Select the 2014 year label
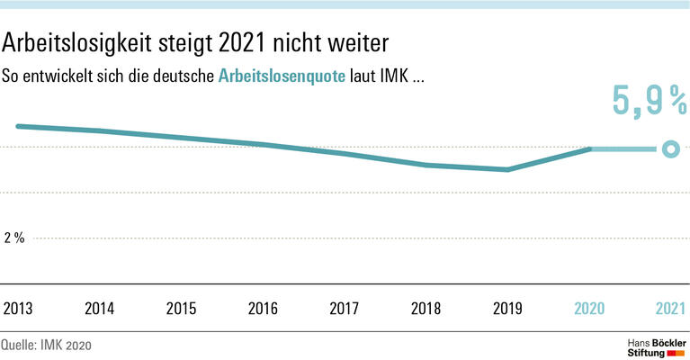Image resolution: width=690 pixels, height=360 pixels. point(100,308)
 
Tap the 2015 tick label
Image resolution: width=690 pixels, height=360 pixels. point(181,308)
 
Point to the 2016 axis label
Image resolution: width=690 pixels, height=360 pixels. point(263,308)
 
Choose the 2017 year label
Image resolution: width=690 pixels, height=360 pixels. point(345,308)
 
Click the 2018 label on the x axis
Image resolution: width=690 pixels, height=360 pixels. point(426,308)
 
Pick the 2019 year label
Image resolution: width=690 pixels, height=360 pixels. point(507,308)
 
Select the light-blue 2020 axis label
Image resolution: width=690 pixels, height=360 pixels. point(589,308)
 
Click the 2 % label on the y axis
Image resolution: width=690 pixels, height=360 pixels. point(15,238)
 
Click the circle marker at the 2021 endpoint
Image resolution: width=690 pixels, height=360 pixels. point(668,149)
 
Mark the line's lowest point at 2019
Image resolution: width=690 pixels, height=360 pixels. point(508,169)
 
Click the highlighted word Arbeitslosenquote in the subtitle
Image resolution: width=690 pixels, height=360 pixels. point(282,76)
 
